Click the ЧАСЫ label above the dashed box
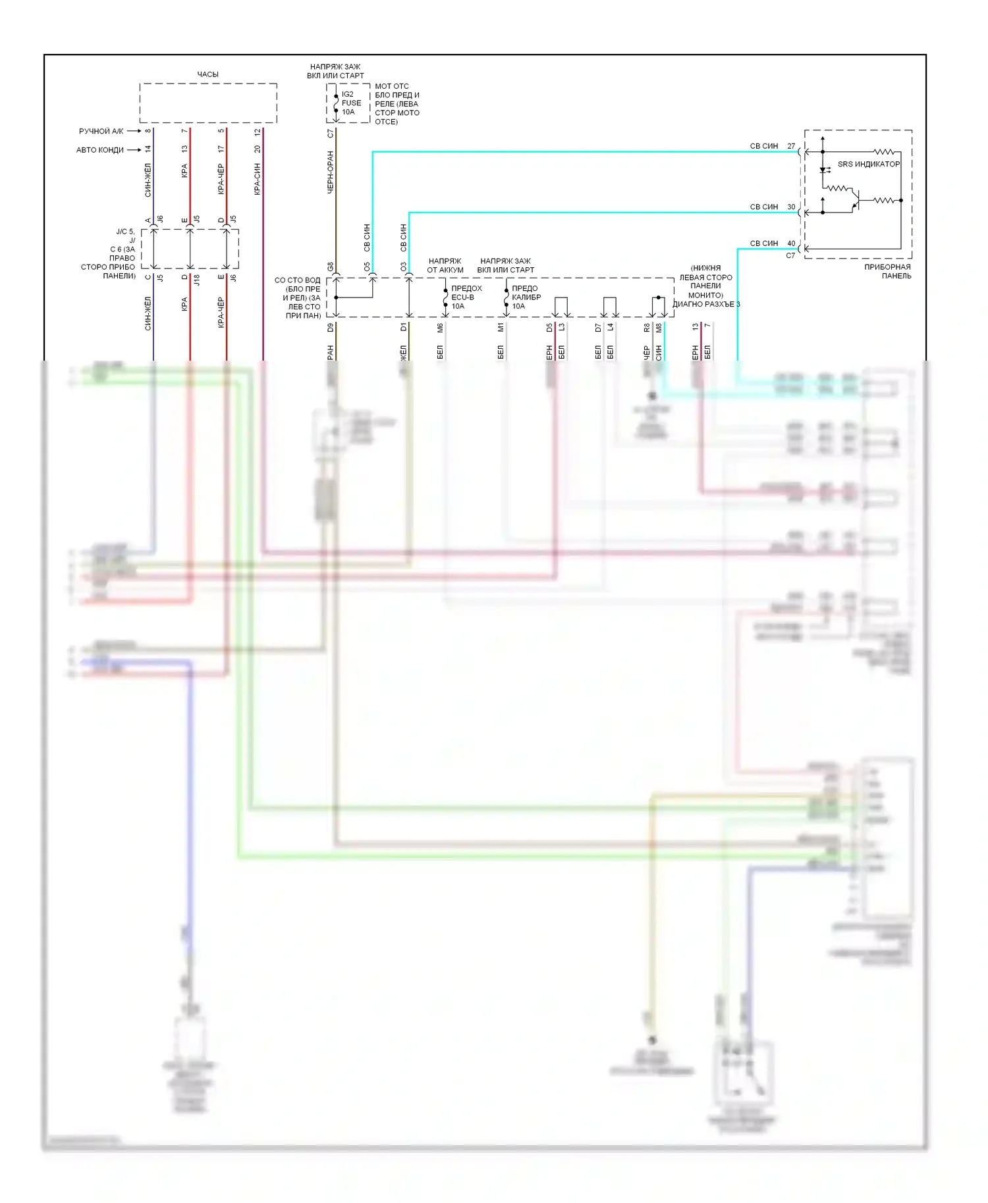click(207, 74)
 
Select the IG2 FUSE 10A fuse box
click(348, 103)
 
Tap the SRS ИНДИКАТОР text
click(868, 164)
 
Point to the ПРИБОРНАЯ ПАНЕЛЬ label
click(887, 271)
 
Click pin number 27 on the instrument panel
click(791, 146)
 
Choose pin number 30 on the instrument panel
click(791, 207)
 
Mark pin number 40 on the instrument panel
click(791, 243)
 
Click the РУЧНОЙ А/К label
click(101, 131)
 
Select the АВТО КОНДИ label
click(99, 150)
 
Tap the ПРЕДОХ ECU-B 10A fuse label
click(466, 297)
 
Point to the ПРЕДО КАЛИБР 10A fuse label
click(526, 297)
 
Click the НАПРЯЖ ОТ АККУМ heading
click(445, 265)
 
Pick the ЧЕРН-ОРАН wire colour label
click(331, 172)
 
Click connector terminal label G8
click(331, 267)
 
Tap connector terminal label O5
click(367, 267)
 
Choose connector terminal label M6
click(440, 327)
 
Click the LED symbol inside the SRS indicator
click(823, 170)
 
